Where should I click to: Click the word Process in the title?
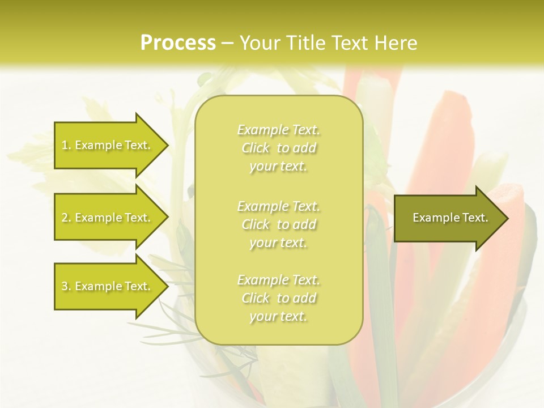coord(178,43)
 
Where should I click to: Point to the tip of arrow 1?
coord(166,145)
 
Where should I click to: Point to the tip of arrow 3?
coord(166,286)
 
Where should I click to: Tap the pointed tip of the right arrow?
coord(506,218)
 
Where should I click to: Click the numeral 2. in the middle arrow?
coord(66,218)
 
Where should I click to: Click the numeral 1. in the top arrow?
coord(66,145)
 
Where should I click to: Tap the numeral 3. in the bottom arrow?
coord(66,286)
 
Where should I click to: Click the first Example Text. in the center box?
coord(278,130)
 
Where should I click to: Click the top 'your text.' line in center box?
coord(278,167)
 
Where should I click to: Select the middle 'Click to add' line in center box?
coord(278,224)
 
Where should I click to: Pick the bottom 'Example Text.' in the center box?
coord(278,280)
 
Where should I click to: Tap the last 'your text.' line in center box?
coord(278,317)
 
